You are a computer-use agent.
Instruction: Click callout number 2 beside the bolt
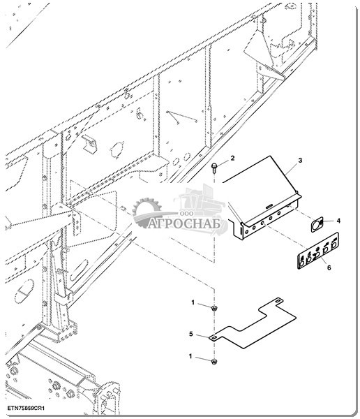(232, 158)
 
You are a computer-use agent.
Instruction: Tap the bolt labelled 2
(213, 167)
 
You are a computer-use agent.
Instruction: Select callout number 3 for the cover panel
(300, 161)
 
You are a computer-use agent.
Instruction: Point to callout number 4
(338, 221)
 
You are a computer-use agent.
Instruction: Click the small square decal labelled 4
(317, 224)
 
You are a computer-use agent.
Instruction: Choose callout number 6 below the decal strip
(329, 267)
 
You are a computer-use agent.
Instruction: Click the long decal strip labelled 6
(318, 251)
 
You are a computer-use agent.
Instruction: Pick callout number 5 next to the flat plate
(191, 334)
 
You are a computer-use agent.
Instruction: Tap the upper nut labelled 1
(213, 308)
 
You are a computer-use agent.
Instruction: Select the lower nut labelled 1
(214, 362)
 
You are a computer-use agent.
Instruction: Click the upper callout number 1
(193, 303)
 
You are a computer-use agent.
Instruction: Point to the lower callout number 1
(190, 356)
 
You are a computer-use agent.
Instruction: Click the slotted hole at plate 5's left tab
(214, 338)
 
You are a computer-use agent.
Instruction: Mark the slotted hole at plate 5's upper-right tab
(278, 301)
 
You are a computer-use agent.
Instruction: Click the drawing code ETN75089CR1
(26, 409)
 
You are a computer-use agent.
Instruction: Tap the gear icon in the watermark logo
(147, 210)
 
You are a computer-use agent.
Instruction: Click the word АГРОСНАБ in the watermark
(184, 223)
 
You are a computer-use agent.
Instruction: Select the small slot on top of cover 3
(269, 206)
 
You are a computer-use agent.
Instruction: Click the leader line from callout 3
(292, 168)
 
